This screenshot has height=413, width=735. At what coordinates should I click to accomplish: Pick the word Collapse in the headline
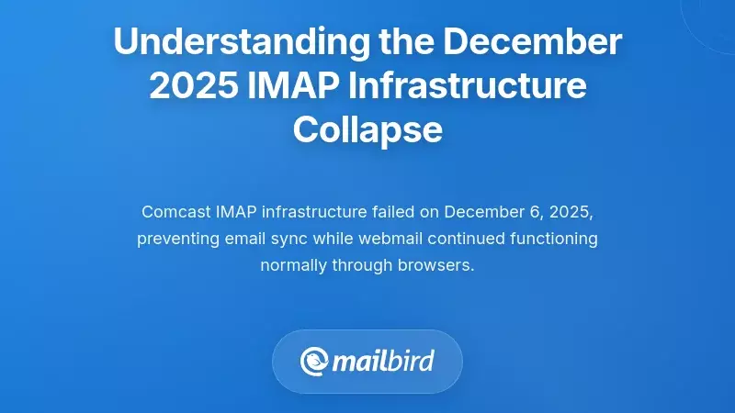coord(367,130)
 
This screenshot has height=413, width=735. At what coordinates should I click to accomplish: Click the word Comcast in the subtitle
coord(176,212)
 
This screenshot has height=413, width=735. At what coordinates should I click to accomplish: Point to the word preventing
coord(176,240)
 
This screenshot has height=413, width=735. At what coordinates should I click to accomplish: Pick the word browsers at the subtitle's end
coord(438,267)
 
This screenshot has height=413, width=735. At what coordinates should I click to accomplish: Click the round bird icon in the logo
coord(315,362)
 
